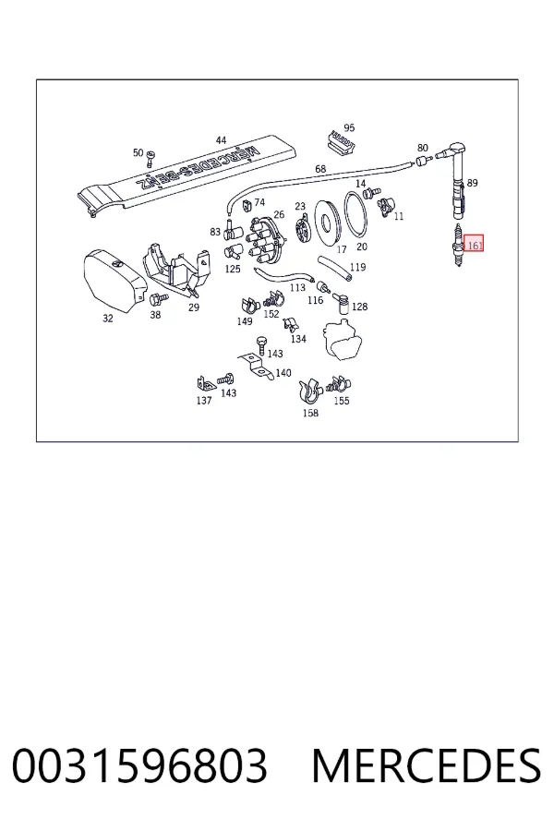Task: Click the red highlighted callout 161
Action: [x=474, y=244]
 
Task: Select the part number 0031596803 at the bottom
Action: [x=139, y=765]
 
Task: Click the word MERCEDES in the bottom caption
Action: [x=427, y=765]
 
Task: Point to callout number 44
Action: [x=221, y=140]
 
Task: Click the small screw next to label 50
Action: [x=151, y=157]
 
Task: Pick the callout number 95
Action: [x=349, y=127]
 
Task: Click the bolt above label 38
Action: [x=159, y=299]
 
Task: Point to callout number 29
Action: [x=194, y=307]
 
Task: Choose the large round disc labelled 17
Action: [x=327, y=222]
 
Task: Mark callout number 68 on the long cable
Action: [x=320, y=169]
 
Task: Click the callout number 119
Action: [x=358, y=267]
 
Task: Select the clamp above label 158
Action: [x=310, y=391]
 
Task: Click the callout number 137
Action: [x=204, y=401]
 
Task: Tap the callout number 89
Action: [x=473, y=183]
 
